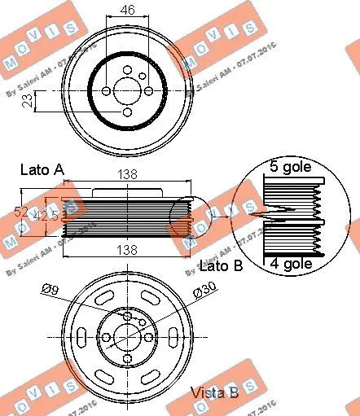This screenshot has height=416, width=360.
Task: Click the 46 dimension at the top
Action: click(129, 10)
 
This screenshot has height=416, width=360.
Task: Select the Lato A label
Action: click(42, 170)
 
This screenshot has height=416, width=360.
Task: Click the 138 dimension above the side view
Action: click(127, 174)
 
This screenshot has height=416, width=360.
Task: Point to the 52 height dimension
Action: click(21, 211)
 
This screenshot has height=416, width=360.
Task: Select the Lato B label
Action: click(221, 265)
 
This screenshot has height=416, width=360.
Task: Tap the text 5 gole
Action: click(292, 169)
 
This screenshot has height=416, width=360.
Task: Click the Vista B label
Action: click(214, 392)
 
